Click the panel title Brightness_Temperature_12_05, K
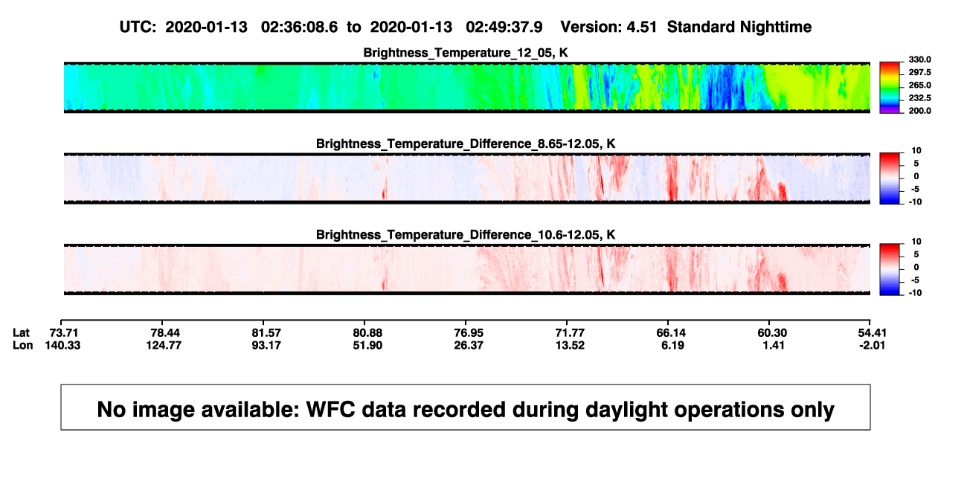pyautogui.click(x=466, y=53)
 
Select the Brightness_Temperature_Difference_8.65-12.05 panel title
pyautogui.click(x=466, y=144)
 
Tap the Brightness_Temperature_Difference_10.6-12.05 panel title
pyautogui.click(x=466, y=235)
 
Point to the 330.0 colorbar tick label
pyautogui.click(x=919, y=59)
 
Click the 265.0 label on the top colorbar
pyautogui.click(x=919, y=85)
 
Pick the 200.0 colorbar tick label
pyautogui.click(x=919, y=111)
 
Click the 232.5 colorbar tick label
pyautogui.click(x=919, y=98)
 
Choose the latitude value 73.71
pyautogui.click(x=63, y=333)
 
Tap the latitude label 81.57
pyautogui.click(x=266, y=333)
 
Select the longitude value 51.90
pyautogui.click(x=367, y=345)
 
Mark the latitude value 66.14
pyautogui.click(x=671, y=333)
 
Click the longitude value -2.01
pyautogui.click(x=872, y=345)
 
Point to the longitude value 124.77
pyautogui.click(x=164, y=345)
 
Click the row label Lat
pyautogui.click(x=21, y=333)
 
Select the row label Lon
pyautogui.click(x=22, y=345)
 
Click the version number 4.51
pyautogui.click(x=641, y=28)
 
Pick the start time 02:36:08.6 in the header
pyautogui.click(x=299, y=28)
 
